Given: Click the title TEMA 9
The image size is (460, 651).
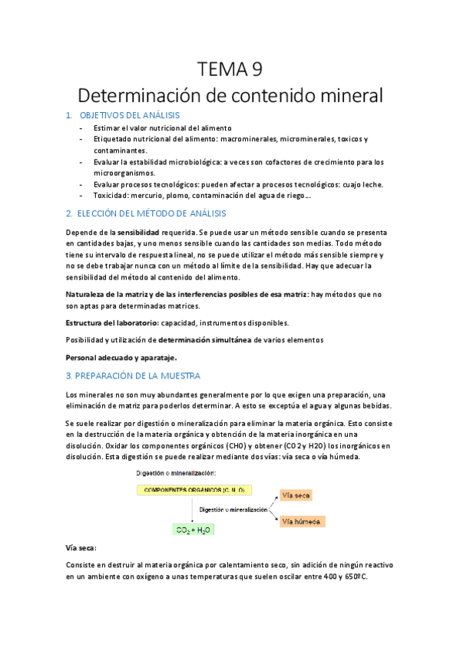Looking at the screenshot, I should coord(230,70).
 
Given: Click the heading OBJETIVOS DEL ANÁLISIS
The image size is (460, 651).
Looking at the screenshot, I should coord(127,115).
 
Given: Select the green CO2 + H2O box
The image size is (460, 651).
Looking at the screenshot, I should coord(194,530).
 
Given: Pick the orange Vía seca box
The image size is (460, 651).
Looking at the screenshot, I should coord(296,496).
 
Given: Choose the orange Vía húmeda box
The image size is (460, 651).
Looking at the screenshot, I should coord(303,522).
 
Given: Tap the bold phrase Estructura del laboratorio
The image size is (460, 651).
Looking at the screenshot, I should coord(113,322).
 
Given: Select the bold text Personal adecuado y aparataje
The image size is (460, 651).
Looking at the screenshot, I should coord(121,357).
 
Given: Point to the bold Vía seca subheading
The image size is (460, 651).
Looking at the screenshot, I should coord(81,548).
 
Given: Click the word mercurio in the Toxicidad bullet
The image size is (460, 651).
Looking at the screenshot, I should coord(155,195).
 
